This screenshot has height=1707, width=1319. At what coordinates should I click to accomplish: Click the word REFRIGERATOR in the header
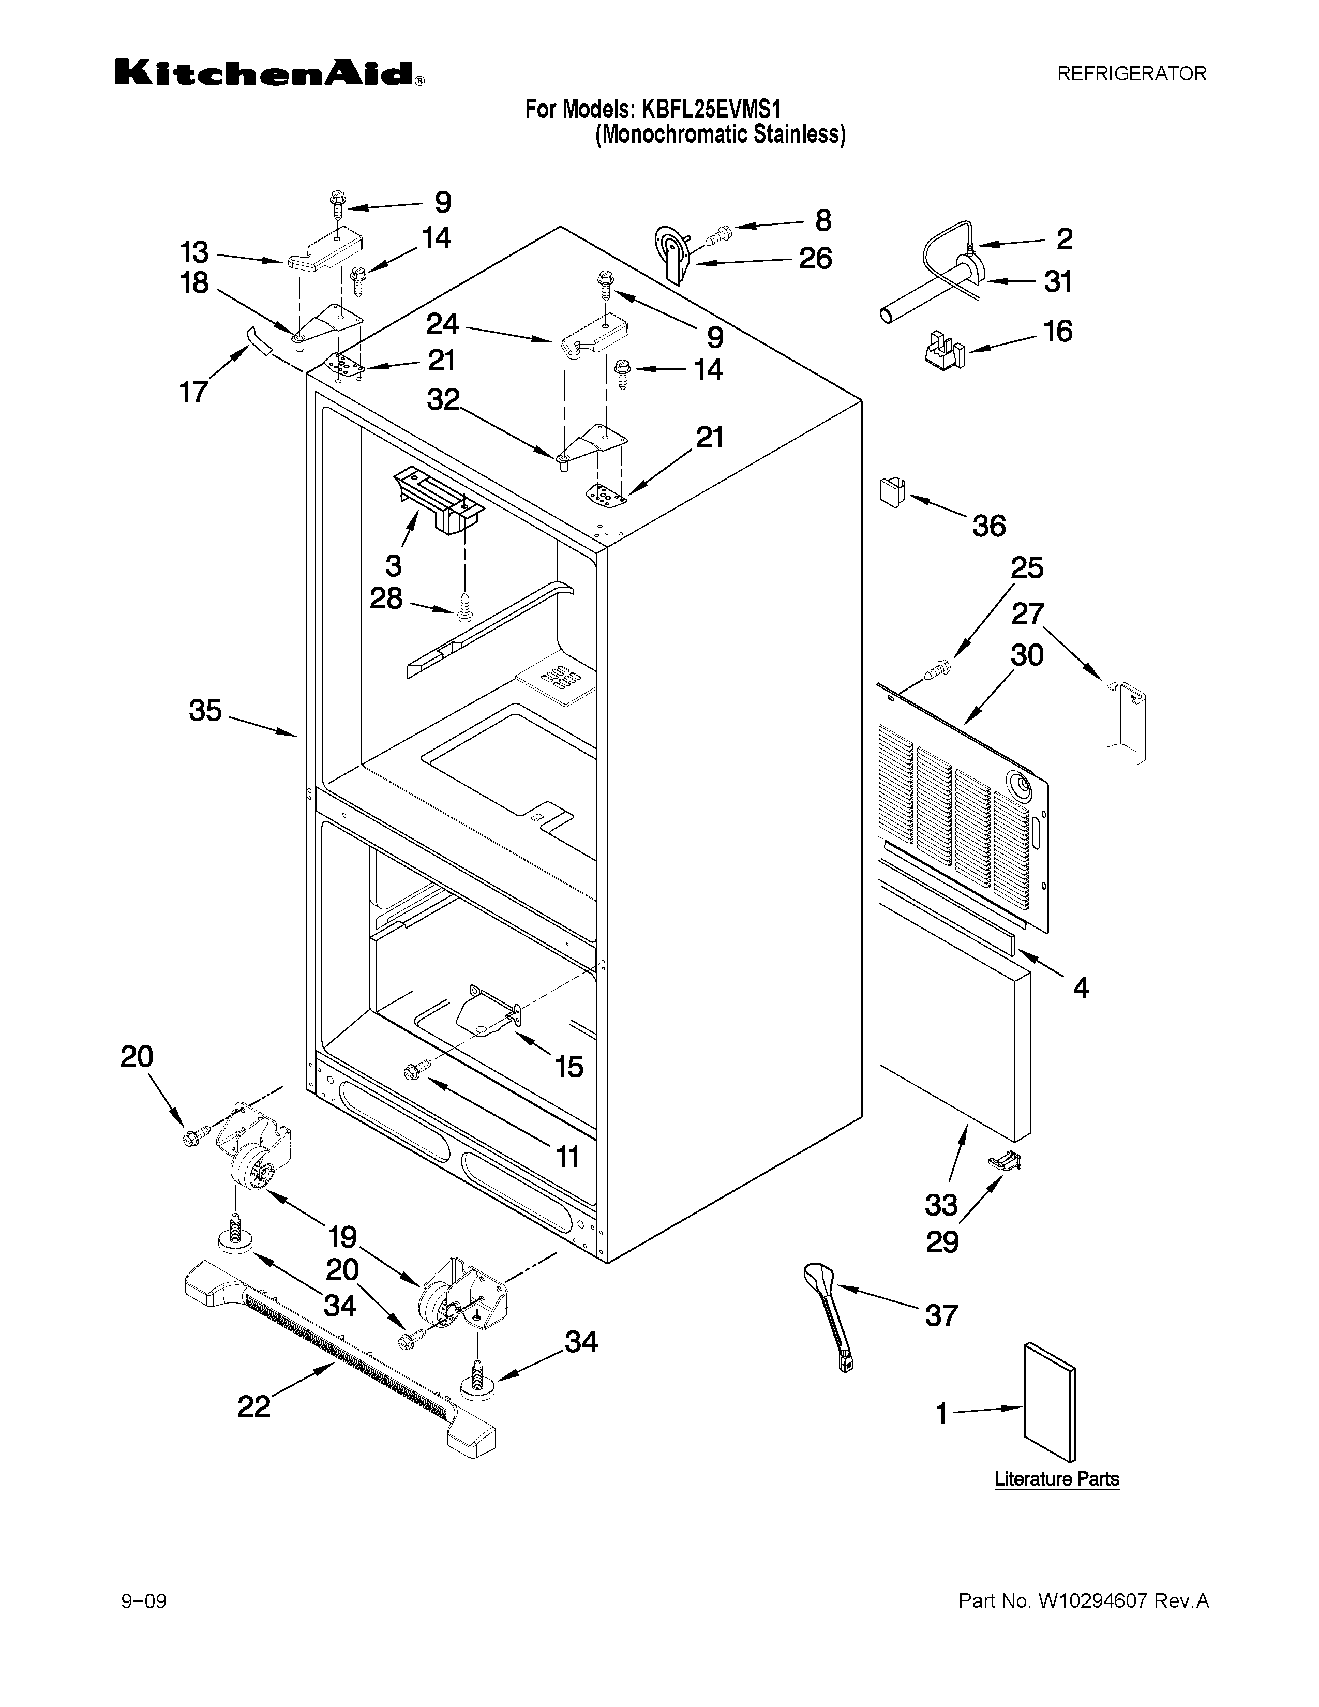[1131, 73]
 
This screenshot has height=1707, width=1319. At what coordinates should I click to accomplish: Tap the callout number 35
[205, 710]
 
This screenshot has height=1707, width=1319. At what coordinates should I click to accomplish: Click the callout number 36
[988, 526]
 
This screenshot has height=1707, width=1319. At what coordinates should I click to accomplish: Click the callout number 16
[1057, 332]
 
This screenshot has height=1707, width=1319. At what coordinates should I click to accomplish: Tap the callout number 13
[194, 252]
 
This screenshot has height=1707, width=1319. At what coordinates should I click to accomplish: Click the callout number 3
[393, 564]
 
